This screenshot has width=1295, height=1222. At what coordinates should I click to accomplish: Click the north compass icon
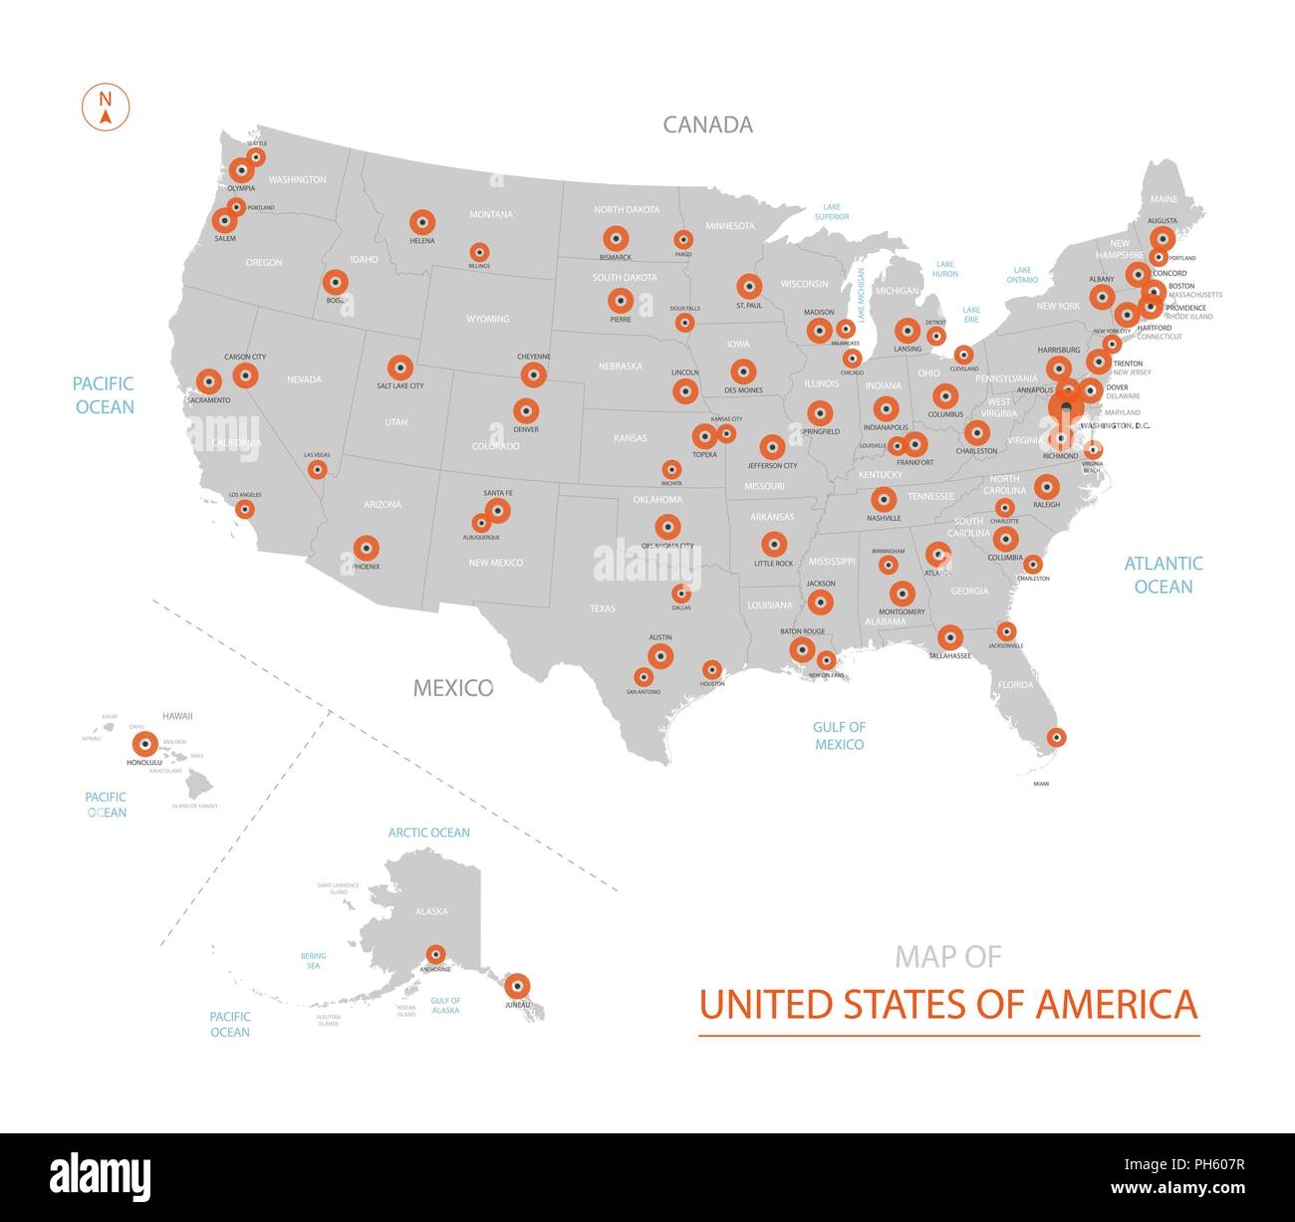pyautogui.click(x=105, y=108)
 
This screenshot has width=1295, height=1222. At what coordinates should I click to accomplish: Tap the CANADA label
pyautogui.click(x=707, y=124)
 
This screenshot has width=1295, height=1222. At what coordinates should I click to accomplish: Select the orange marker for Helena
pyautogui.click(x=422, y=222)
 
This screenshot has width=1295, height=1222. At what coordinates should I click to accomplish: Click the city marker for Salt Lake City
pyautogui.click(x=400, y=368)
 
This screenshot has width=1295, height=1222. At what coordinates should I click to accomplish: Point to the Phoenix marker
pyautogui.click(x=367, y=548)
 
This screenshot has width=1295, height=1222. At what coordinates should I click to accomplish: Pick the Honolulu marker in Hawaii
pyautogui.click(x=144, y=744)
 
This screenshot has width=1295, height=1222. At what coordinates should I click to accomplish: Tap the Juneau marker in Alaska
pyautogui.click(x=516, y=986)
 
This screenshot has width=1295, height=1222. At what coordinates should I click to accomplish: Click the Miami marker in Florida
pyautogui.click(x=1056, y=738)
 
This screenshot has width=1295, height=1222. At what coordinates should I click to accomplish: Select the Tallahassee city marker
pyautogui.click(x=950, y=637)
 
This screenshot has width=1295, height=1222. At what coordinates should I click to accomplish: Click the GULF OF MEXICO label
pyautogui.click(x=839, y=736)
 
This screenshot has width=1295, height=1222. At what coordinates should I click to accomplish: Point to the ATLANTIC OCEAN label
pyautogui.click(x=1163, y=575)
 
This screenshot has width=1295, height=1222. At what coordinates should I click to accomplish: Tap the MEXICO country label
pyautogui.click(x=453, y=688)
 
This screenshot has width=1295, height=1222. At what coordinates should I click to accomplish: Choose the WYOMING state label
pyautogui.click(x=487, y=319)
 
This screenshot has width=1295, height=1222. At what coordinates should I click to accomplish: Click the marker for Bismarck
pyautogui.click(x=616, y=239)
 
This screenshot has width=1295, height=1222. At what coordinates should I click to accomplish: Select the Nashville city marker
pyautogui.click(x=884, y=500)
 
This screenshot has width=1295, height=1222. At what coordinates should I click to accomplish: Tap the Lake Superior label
pyautogui.click(x=832, y=212)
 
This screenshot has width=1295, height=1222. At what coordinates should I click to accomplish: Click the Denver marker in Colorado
pyautogui.click(x=526, y=410)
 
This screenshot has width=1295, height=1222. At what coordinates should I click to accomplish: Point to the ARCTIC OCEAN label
pyautogui.click(x=429, y=833)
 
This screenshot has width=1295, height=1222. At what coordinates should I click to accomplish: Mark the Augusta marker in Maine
pyautogui.click(x=1163, y=238)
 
